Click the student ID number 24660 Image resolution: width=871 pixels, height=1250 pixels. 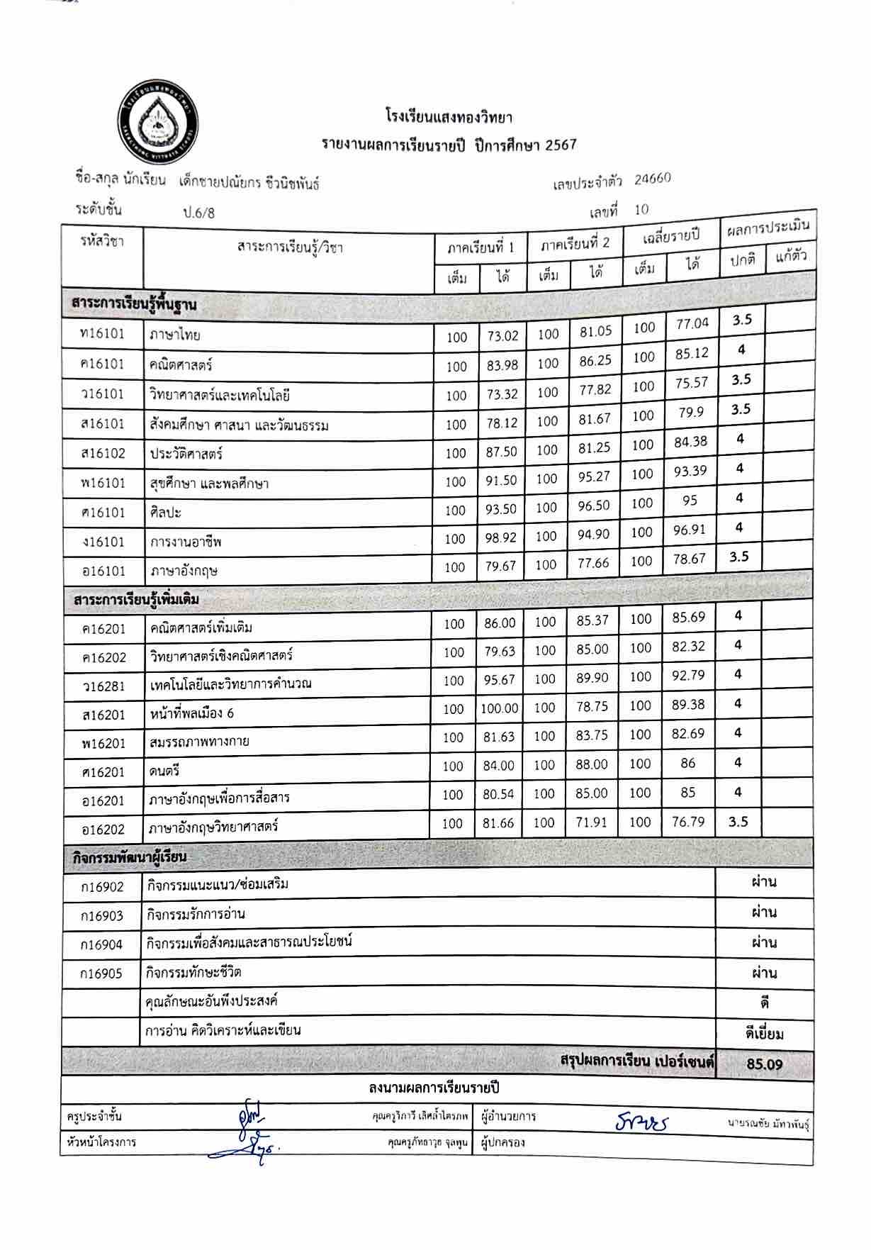652,179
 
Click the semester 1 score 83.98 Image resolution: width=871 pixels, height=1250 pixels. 502,365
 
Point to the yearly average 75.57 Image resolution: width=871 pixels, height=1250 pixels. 691,383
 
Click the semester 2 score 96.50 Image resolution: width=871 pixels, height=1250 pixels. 593,506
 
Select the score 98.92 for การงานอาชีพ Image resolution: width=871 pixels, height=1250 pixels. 500,537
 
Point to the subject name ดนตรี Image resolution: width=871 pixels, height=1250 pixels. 166,771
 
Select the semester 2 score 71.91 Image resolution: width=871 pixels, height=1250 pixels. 591,822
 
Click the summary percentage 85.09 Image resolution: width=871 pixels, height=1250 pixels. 764,1064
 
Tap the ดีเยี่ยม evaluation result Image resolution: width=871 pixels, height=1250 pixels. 764,1034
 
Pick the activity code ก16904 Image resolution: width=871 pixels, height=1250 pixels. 102,944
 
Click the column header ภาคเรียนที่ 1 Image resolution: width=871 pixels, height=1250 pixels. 481,247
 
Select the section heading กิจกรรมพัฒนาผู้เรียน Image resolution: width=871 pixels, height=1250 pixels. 130,856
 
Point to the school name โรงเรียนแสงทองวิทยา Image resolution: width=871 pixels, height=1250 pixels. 449,116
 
